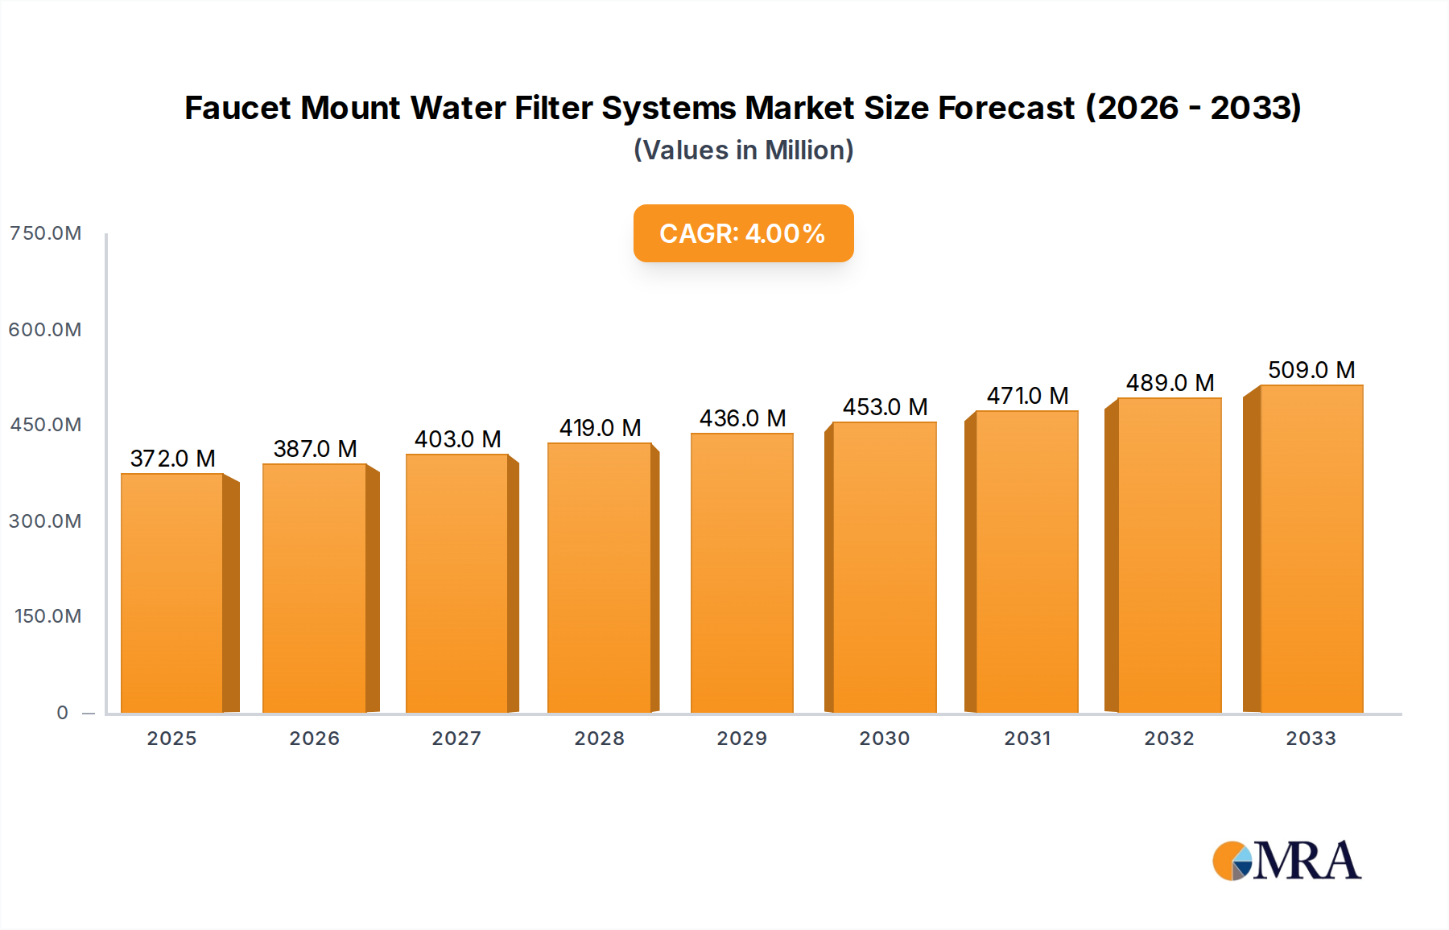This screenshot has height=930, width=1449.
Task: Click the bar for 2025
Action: tap(172, 593)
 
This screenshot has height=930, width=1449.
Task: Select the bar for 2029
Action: tap(742, 573)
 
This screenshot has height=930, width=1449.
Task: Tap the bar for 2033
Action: tap(1311, 549)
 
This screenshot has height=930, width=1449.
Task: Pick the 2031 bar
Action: tap(1027, 562)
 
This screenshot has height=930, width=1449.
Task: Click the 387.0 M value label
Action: tap(315, 449)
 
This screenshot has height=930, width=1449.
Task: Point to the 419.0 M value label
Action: tap(600, 428)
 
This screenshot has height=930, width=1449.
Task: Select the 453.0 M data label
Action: tap(885, 407)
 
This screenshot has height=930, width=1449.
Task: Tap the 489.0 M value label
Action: tap(1170, 383)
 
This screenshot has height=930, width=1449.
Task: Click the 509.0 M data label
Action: tap(1311, 370)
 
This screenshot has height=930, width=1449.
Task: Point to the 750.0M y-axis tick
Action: tap(45, 233)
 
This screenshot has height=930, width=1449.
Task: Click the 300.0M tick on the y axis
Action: tap(45, 521)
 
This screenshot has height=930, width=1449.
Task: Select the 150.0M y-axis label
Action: tap(47, 616)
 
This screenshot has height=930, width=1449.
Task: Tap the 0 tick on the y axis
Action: tap(62, 713)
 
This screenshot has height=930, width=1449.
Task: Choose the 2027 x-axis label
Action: tap(456, 739)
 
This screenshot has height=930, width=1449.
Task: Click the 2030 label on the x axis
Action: tap(884, 739)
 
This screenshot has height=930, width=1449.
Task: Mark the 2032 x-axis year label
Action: tap(1169, 739)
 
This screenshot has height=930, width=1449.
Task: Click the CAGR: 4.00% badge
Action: tap(743, 233)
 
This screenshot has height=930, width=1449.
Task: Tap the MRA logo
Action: tap(1286, 861)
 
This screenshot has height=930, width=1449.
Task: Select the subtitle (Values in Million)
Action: tap(743, 150)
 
